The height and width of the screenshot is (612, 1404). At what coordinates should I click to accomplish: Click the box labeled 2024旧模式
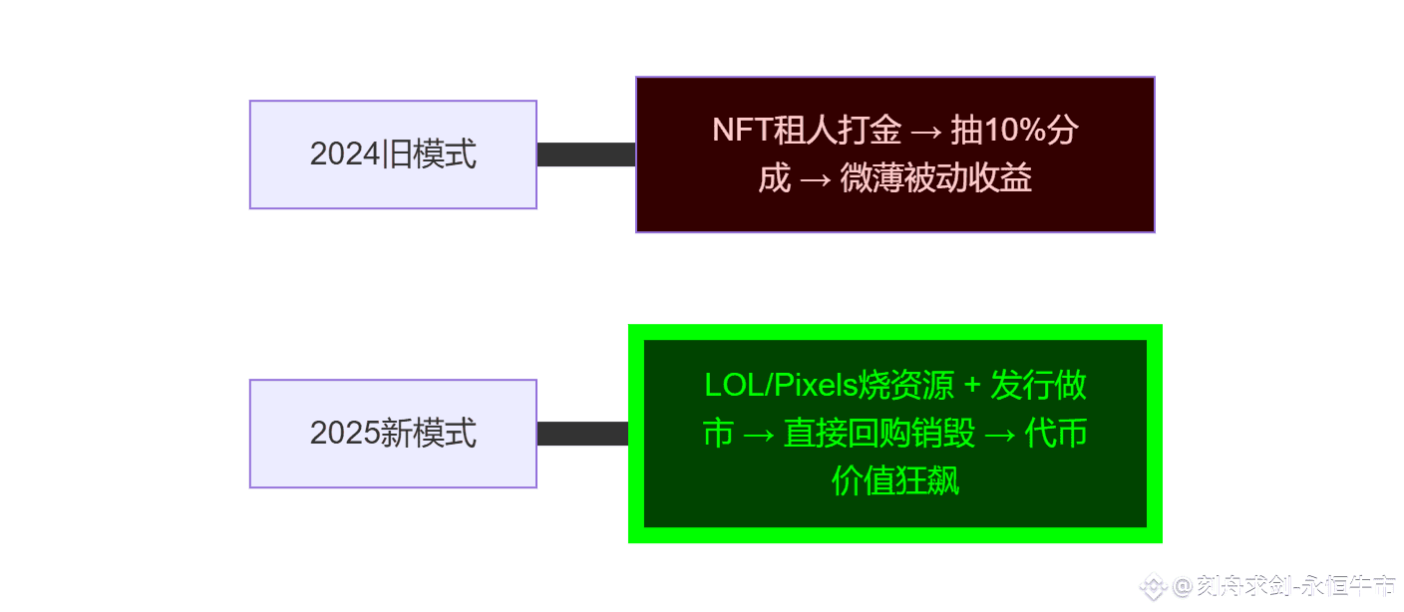pyautogui.click(x=393, y=154)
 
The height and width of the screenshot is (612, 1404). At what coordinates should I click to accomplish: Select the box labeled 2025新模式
pyautogui.click(x=393, y=434)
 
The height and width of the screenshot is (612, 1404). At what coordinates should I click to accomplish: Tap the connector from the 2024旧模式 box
pyautogui.click(x=586, y=154)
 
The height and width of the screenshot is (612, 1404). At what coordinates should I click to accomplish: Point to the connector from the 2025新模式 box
pyautogui.click(x=582, y=434)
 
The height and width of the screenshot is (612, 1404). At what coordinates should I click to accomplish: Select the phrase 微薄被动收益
pyautogui.click(x=935, y=179)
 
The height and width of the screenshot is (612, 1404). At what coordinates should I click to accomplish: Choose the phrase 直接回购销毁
pyautogui.click(x=878, y=434)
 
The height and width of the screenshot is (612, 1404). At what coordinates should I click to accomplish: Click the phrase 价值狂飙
pyautogui.click(x=895, y=482)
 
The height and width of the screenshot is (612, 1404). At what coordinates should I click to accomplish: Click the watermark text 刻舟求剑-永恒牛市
pyautogui.click(x=1295, y=586)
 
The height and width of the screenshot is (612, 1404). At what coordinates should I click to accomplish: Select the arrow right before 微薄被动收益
pyautogui.click(x=815, y=179)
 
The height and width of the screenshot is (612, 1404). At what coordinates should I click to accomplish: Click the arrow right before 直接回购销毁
pyautogui.click(x=759, y=434)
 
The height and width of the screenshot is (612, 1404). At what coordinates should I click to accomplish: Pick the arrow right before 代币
pyautogui.click(x=1000, y=434)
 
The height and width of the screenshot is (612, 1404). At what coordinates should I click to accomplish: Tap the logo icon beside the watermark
pyautogui.click(x=1153, y=587)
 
